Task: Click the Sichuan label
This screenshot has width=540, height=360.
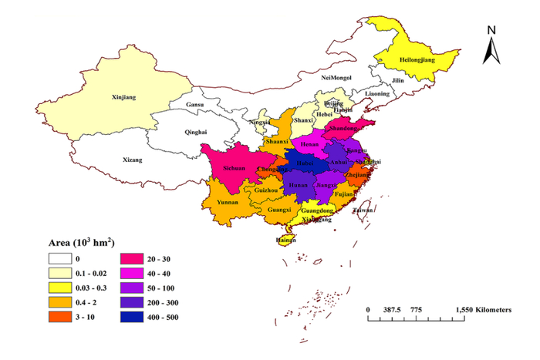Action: [234, 167]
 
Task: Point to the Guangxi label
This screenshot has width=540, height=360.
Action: [278, 209]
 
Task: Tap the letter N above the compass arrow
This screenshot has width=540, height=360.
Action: [491, 29]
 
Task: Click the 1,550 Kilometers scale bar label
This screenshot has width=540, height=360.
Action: [481, 309]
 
